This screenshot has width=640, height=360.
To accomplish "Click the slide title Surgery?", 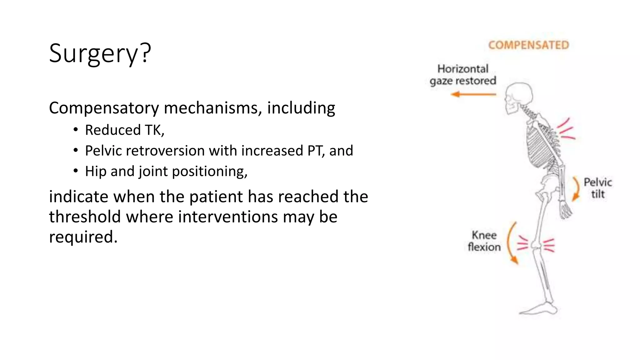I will tap(100, 53).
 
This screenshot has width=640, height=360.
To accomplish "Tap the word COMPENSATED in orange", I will tap(528, 45).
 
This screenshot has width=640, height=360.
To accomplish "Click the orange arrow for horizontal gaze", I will tap(473, 94).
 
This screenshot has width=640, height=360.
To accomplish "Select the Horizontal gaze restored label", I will tap(463, 75).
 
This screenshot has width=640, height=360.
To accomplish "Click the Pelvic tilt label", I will tap(597, 188).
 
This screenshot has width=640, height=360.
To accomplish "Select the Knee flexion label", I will tap(484, 241).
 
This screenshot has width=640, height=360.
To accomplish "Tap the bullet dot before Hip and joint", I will tap(76, 171).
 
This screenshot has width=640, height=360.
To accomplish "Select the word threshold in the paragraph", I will tap(85, 217).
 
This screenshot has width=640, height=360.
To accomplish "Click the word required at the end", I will tap(83, 237).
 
